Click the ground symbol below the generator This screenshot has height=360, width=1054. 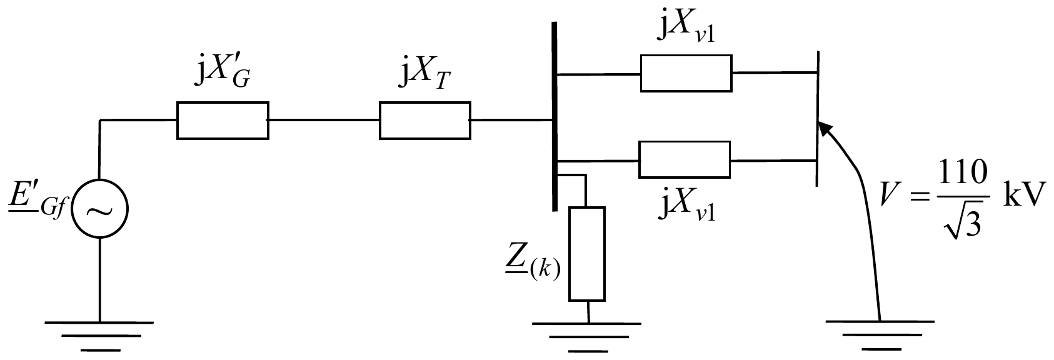99,336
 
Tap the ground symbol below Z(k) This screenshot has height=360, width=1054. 587,337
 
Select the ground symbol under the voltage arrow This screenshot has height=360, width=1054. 880,335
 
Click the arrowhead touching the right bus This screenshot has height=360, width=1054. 825,127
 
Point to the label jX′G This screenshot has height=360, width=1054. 223,74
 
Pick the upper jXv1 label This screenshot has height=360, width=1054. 686,30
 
